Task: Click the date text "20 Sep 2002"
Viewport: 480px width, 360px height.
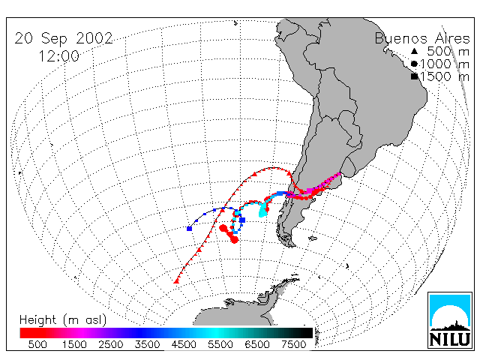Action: [x=64, y=39]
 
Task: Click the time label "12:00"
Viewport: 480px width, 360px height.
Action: [x=58, y=56]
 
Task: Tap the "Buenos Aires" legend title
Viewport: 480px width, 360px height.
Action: [x=422, y=38]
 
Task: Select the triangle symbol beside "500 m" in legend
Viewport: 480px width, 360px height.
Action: [x=414, y=52]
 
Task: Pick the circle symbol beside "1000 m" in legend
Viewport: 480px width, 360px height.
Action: [x=414, y=64]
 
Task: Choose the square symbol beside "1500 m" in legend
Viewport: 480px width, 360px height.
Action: [x=414, y=76]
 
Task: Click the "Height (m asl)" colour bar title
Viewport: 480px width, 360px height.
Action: [x=63, y=320]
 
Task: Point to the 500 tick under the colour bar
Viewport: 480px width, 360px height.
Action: [x=37, y=345]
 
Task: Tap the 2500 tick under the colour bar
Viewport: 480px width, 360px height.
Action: [x=110, y=345]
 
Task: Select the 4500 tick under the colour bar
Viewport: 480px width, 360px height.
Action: [x=184, y=345]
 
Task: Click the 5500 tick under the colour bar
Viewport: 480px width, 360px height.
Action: [x=220, y=345]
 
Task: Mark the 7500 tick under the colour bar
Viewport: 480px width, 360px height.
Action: [x=293, y=345]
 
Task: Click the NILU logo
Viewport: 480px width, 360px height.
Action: [x=450, y=320]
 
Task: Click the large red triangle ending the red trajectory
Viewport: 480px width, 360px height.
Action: [x=176, y=281]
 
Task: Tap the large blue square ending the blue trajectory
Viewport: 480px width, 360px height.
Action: [x=190, y=229]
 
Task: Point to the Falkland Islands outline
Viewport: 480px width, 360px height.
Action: [x=313, y=238]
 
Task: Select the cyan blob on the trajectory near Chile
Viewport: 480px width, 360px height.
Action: [x=262, y=210]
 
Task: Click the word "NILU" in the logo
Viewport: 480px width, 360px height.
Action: [x=450, y=339]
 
